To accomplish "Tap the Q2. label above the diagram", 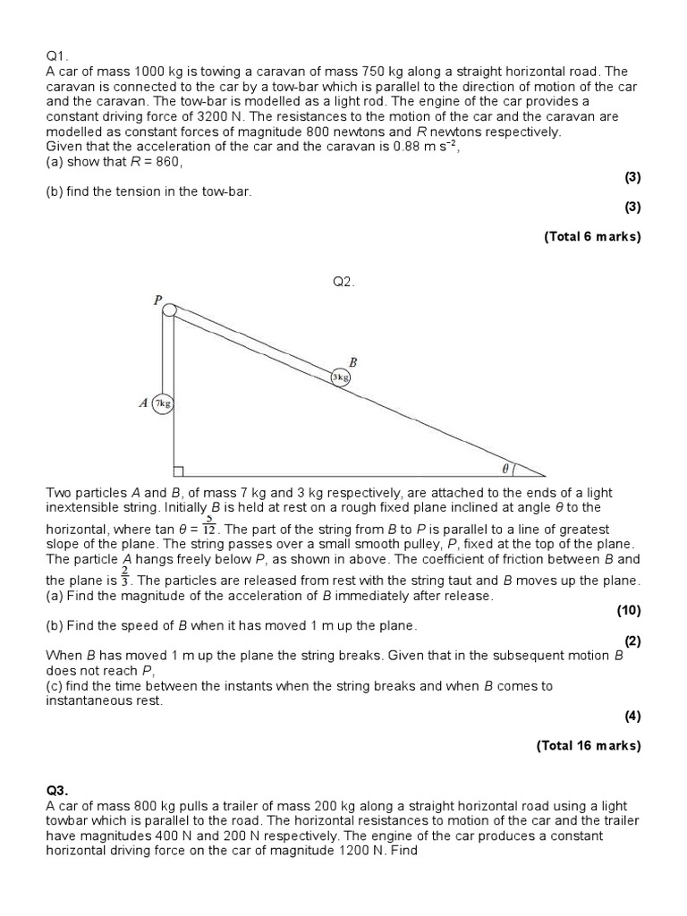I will click(x=344, y=282).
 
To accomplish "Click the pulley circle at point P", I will click(x=169, y=310).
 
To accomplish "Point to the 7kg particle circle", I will click(x=162, y=403).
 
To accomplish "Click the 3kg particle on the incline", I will click(x=340, y=377).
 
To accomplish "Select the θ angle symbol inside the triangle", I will click(x=505, y=467).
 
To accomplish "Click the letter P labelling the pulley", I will click(x=157, y=301).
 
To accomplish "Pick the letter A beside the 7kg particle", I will click(x=142, y=403).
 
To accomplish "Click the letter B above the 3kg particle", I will click(x=352, y=362).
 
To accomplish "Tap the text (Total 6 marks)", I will click(x=591, y=237).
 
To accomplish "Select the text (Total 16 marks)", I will click(x=588, y=745).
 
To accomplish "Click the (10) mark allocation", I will click(x=629, y=611).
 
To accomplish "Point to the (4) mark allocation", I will click(x=632, y=716).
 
